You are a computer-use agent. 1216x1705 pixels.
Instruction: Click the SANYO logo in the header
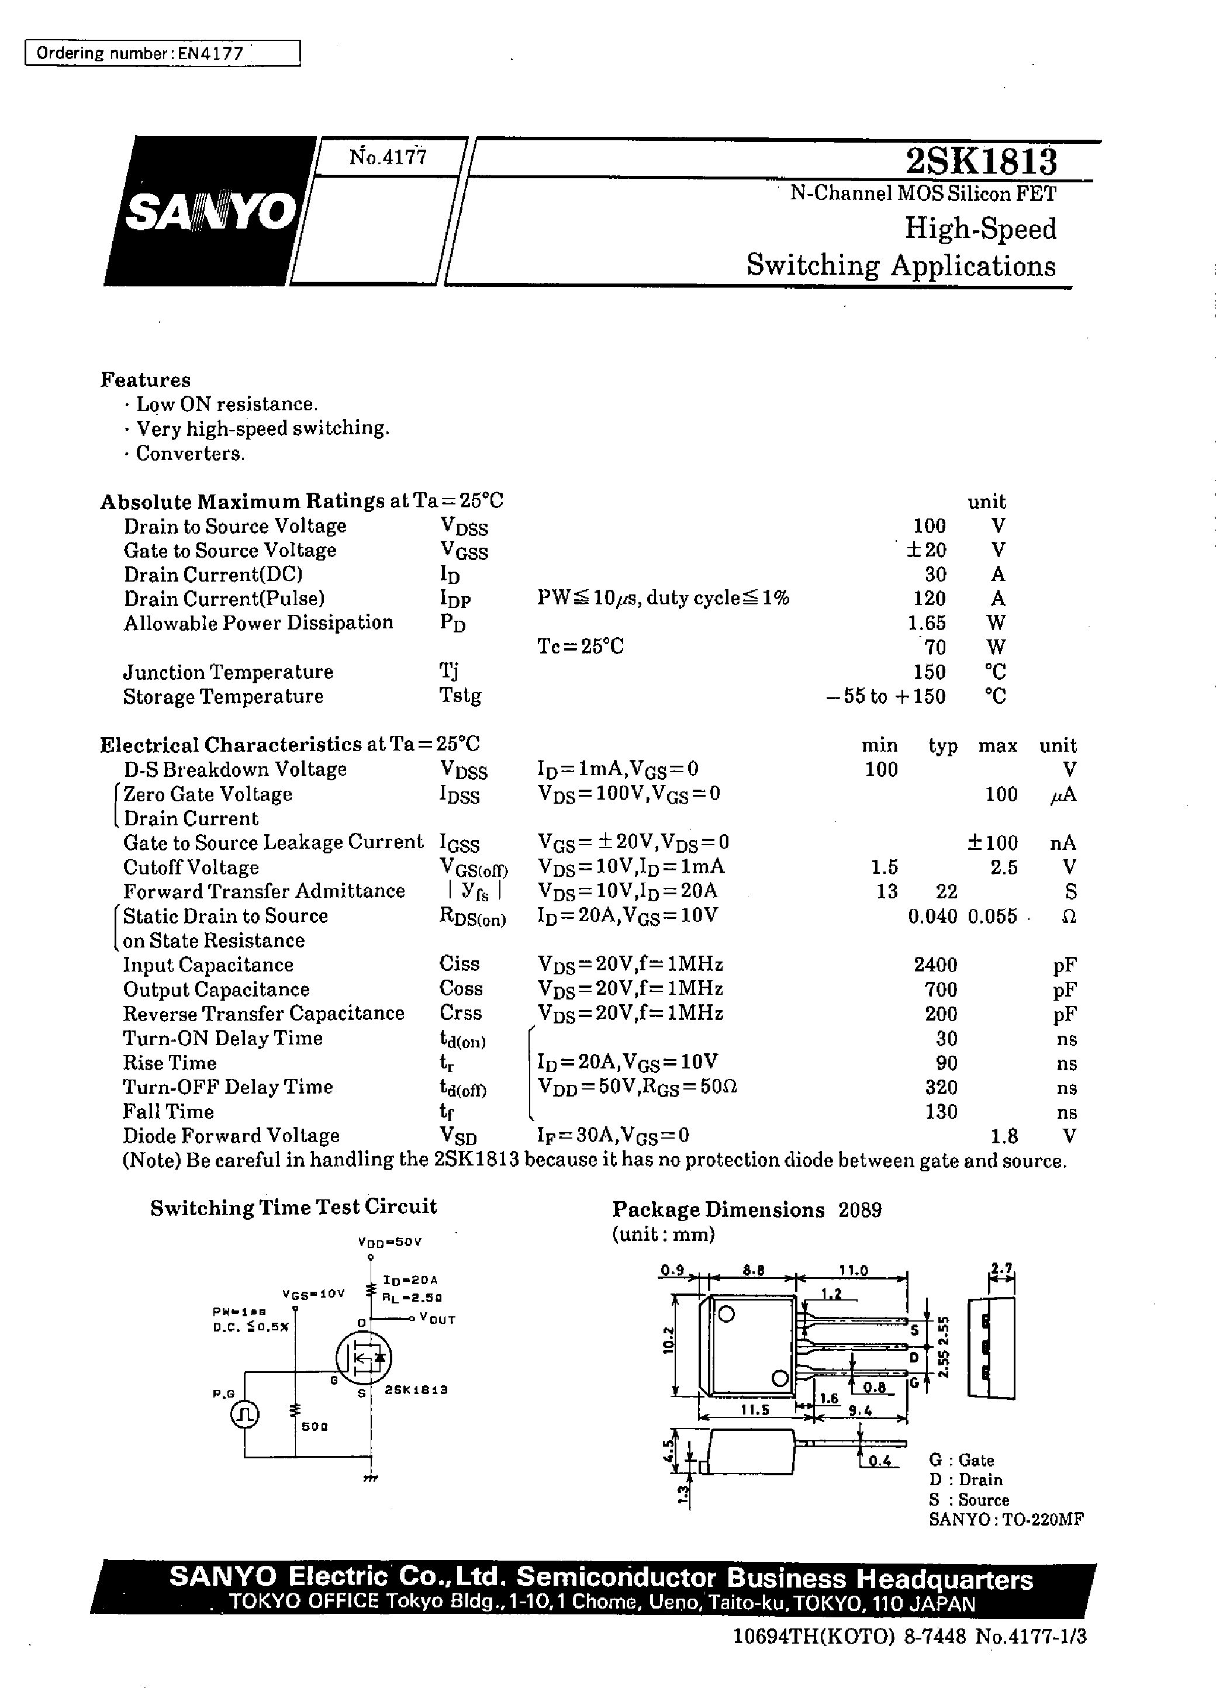point(210,211)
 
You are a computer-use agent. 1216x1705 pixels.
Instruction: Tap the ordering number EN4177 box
point(163,53)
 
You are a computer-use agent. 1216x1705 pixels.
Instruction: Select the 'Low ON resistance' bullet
point(226,404)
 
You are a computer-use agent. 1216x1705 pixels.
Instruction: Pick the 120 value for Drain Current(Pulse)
point(929,599)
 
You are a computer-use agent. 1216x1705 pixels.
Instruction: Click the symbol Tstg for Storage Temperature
point(460,696)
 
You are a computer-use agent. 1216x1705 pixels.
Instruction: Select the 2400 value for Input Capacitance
point(935,965)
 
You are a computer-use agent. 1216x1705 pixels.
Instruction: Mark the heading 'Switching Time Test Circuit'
point(293,1207)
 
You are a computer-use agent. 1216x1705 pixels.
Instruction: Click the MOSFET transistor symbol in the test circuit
point(363,1356)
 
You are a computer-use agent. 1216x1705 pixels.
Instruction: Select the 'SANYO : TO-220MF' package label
point(1006,1519)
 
